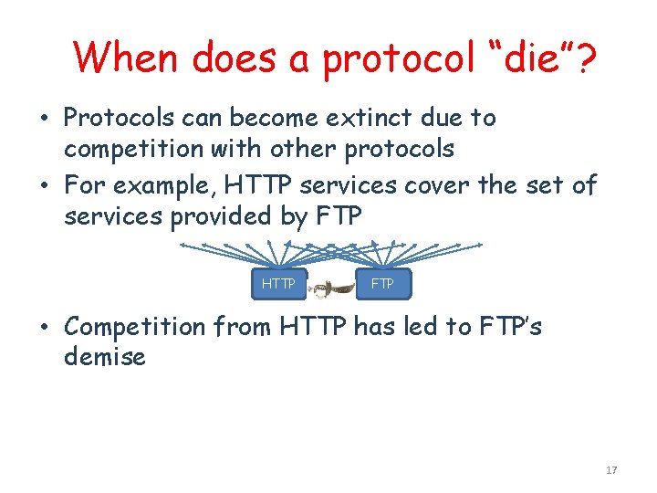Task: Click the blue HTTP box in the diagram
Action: point(278,284)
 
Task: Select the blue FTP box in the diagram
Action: point(383,284)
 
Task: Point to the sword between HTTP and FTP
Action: point(331,287)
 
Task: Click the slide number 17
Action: point(611,470)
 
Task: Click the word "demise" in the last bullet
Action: point(105,356)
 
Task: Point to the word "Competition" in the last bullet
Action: point(136,327)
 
